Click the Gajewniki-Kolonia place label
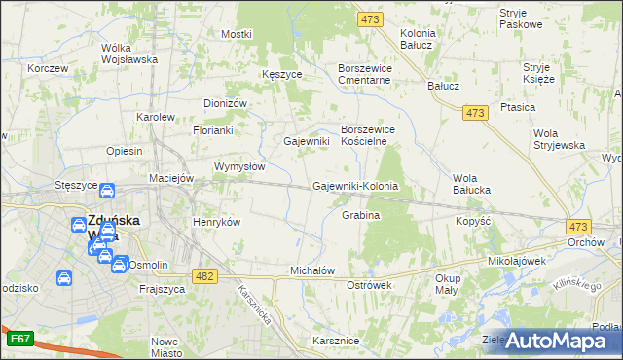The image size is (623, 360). coord(355,186)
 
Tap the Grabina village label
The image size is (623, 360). coord(360,215)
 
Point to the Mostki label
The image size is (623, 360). coord(237,34)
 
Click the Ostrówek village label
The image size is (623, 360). coord(369,285)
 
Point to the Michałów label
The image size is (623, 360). coord(312,270)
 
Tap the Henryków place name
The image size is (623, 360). coord(217,222)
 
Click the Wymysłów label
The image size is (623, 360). coord(239,166)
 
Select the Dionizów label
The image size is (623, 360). coord(227,103)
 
